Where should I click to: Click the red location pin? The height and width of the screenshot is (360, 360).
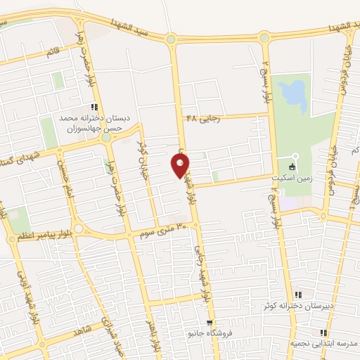(x=181, y=165)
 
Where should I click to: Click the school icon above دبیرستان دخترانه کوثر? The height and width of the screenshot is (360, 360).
(x=298, y=295)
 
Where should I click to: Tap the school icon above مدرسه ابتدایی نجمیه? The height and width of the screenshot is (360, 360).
(x=323, y=333)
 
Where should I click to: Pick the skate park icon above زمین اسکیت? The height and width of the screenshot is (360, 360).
(x=295, y=156)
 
